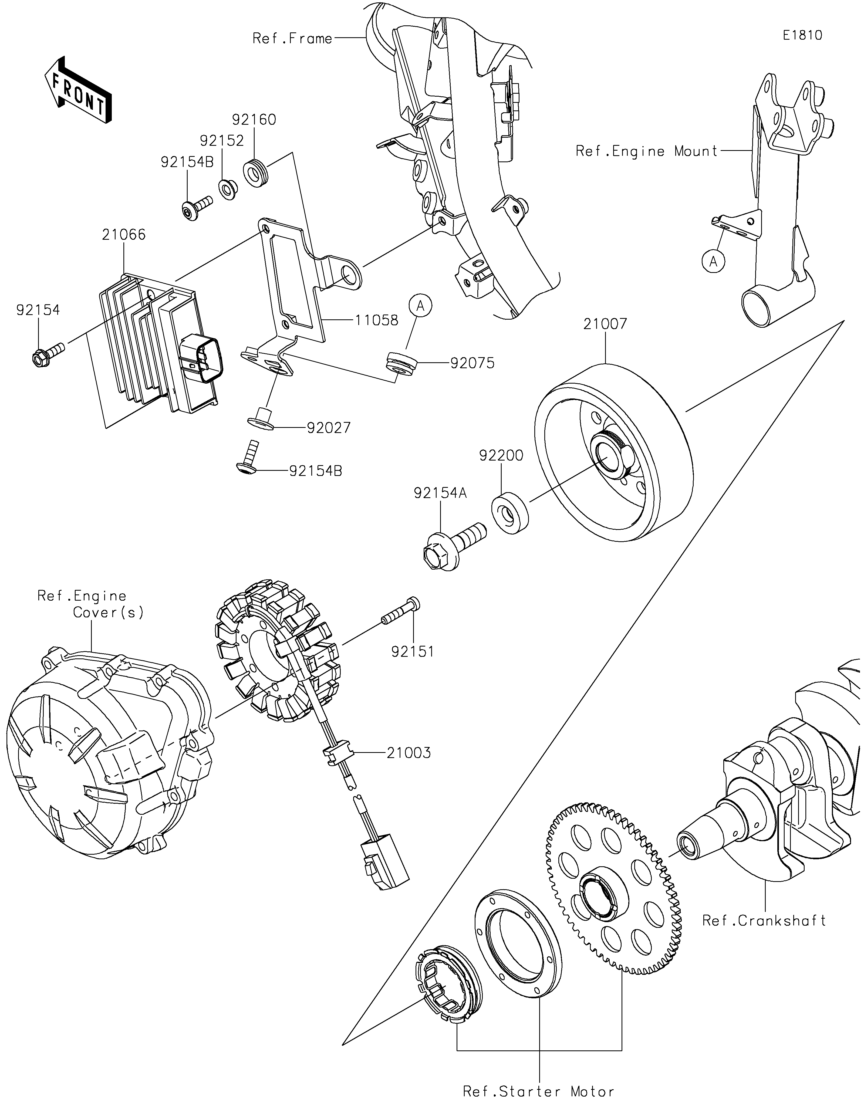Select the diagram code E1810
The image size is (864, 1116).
pos(803,35)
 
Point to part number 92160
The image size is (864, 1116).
pos(254,120)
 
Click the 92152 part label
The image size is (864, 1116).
pos(222,141)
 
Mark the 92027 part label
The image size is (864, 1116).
pos(329,428)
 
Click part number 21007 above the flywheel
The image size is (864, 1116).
pos(605,324)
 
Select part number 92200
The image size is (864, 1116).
pos(501,455)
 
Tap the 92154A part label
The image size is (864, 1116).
pos(440,493)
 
